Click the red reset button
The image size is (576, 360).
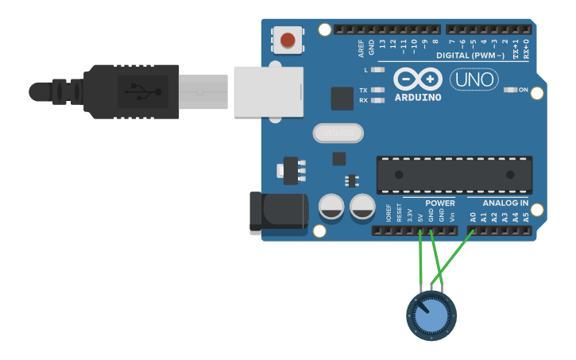287,39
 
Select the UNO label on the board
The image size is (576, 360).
474,79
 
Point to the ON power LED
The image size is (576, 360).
511,90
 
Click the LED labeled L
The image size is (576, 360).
378,71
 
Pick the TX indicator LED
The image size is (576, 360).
378,90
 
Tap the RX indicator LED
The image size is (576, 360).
378,100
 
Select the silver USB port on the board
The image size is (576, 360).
269,91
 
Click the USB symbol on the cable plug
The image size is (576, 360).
142,91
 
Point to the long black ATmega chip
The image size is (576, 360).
454,175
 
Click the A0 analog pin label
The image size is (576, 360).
473,216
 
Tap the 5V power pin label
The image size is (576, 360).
420,215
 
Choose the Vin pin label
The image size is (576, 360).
452,216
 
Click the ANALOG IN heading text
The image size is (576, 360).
505,203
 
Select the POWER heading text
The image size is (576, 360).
440,203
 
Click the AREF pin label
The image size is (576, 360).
361,48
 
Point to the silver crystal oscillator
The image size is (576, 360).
337,133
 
